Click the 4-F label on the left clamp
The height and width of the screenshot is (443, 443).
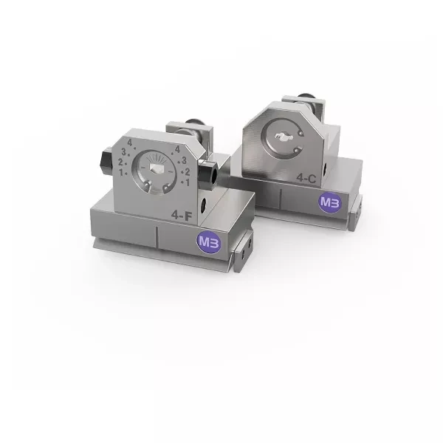pyautogui.click(x=182, y=216)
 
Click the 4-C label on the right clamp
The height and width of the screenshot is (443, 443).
pyautogui.click(x=306, y=178)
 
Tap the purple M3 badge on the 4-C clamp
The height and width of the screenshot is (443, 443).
pyautogui.click(x=330, y=202)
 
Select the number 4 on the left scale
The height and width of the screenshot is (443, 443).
pyautogui.click(x=130, y=143)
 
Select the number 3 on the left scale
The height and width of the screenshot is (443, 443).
pyautogui.click(x=124, y=152)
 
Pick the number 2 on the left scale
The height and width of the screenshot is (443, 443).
pyautogui.click(x=120, y=162)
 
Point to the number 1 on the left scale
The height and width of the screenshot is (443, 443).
pyautogui.click(x=121, y=172)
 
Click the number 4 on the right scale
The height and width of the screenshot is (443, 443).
pyautogui.click(x=177, y=149)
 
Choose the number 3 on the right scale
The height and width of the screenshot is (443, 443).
pyautogui.click(x=184, y=160)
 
